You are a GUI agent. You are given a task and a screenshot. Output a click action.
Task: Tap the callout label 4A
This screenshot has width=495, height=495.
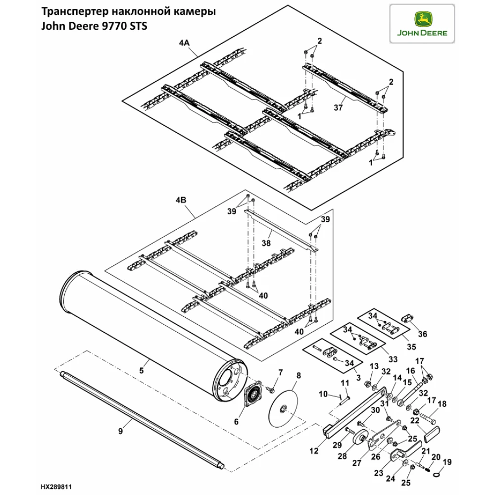point(184,43)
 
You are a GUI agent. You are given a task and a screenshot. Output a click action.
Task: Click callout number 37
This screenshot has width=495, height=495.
point(339,107)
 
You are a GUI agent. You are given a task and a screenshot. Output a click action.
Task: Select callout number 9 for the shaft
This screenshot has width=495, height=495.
point(120,431)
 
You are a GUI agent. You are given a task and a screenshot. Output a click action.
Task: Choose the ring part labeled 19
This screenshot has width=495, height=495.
point(437,474)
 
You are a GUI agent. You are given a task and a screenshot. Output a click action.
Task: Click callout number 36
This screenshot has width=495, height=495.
point(422,334)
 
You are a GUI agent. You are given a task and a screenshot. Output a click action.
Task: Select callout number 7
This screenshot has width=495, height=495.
point(280,372)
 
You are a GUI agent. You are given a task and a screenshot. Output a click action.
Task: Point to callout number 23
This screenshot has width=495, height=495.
point(378,473)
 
